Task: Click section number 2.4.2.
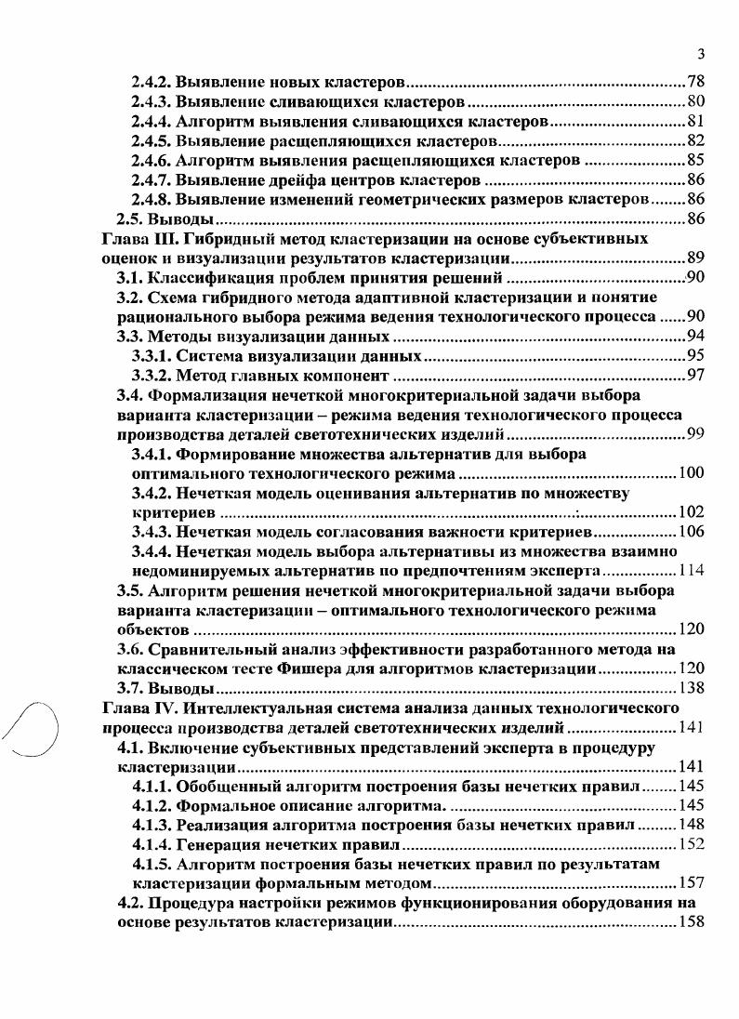[x=152, y=81]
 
